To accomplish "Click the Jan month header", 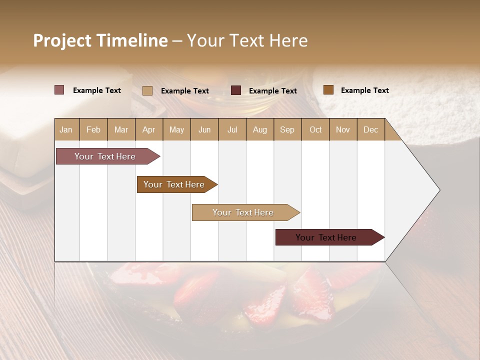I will [66, 130].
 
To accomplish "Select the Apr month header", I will [148, 130].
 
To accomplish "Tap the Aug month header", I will [259, 130].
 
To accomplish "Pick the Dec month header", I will [370, 130].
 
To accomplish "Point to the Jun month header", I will [204, 130].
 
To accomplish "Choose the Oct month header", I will [315, 130].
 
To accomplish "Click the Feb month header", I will [93, 130].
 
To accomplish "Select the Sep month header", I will [287, 130].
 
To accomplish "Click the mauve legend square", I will [59, 90].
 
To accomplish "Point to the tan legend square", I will [147, 90].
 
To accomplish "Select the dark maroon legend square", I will [236, 90].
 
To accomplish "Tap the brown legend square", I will [328, 90].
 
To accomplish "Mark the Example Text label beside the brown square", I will [364, 90].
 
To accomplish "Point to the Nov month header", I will [342, 130].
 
